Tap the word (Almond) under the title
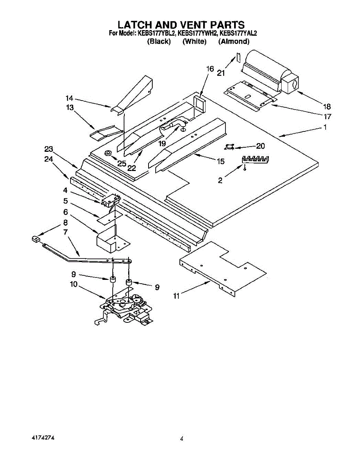coord(234,41)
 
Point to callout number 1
coord(325,127)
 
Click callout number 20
coord(260,146)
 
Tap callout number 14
coord(69,98)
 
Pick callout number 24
coord(48,159)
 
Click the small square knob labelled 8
coord(36,239)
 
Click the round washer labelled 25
coord(108,153)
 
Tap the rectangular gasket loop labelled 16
coord(199,105)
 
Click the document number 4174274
coord(43,438)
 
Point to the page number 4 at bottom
coord(182,438)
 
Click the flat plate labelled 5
coord(109,217)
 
